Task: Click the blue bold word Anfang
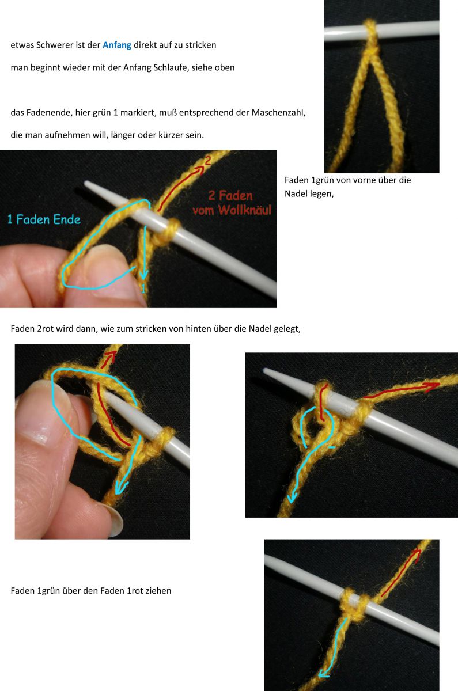click(x=117, y=44)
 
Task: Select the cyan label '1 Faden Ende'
click(x=44, y=219)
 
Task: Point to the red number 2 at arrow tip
click(x=207, y=161)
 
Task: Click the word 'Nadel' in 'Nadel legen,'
click(x=296, y=194)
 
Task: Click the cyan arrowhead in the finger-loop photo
click(x=120, y=488)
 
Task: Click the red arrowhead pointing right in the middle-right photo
click(x=432, y=385)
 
